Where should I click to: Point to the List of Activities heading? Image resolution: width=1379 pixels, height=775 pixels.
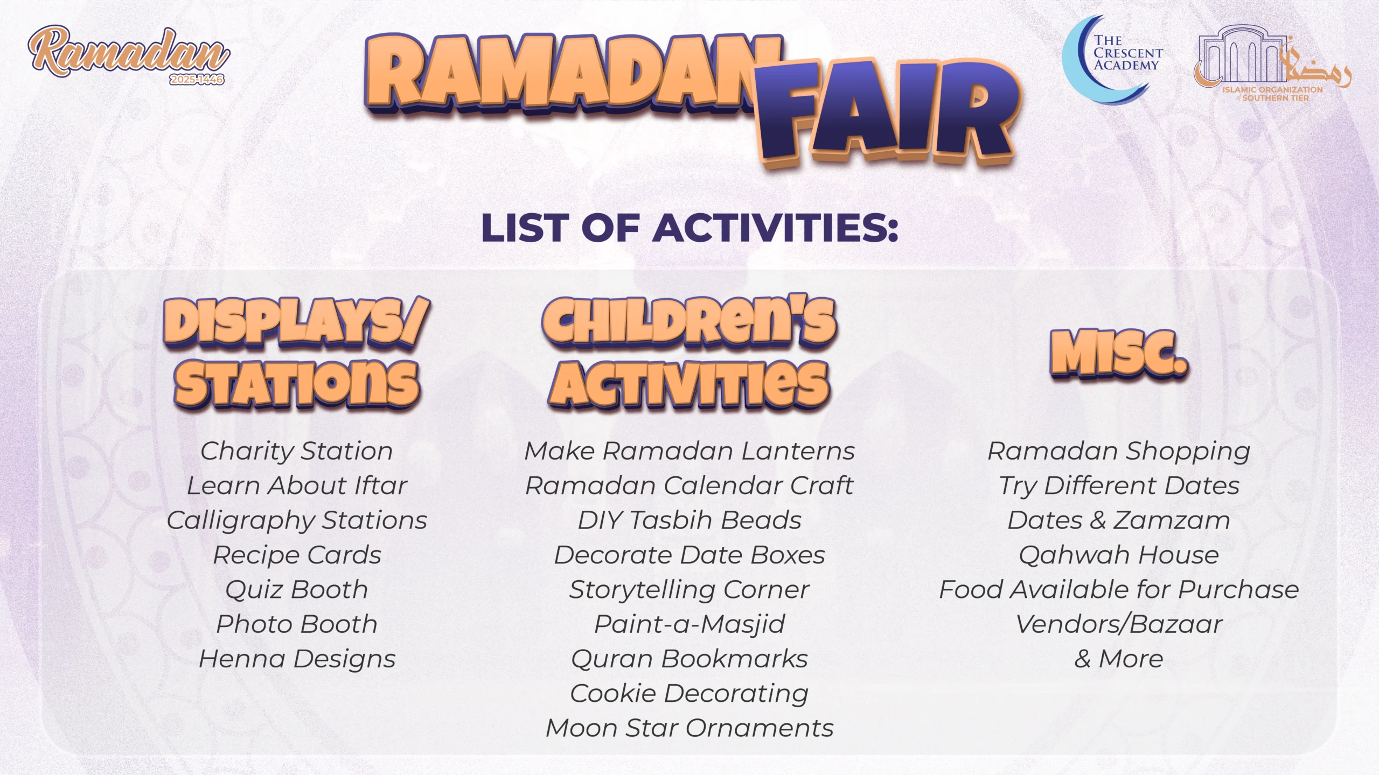689,227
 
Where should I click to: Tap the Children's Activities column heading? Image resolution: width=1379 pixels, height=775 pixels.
689,352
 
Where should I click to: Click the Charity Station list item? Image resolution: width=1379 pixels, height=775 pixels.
296,451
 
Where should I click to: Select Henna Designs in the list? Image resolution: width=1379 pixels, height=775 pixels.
297,659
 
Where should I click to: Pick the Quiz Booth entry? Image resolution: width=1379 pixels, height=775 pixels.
296,590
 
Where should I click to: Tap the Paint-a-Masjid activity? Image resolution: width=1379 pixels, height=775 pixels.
689,625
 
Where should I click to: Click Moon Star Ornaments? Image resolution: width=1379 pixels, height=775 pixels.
689,728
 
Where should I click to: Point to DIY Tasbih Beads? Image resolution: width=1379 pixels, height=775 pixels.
689,520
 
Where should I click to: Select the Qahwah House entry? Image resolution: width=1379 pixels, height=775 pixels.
1119,555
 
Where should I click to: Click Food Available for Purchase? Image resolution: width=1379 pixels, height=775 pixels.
1119,590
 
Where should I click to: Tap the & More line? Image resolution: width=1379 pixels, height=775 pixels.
1119,659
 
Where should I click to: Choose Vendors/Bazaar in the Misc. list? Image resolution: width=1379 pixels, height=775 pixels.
1119,624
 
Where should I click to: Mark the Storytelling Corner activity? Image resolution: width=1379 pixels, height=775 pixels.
689,590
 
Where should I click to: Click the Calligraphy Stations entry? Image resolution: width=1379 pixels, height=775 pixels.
297,521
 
